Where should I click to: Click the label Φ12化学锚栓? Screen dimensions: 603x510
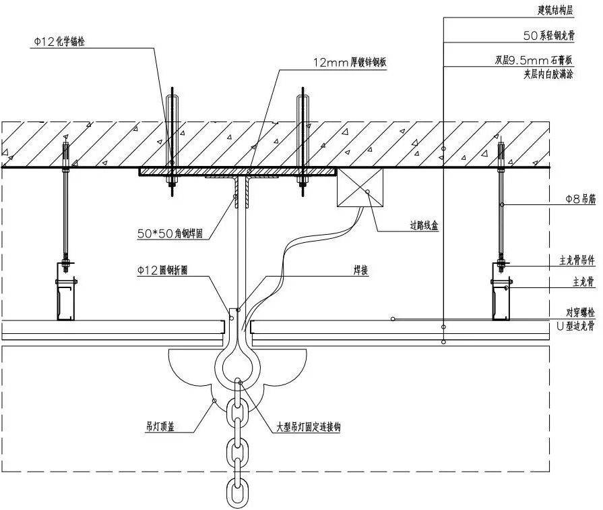59,42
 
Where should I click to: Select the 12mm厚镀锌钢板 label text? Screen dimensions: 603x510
350,63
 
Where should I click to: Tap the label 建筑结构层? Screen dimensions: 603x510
555,10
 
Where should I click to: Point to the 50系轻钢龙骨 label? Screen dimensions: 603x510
549,36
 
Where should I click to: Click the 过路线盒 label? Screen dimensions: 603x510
424,225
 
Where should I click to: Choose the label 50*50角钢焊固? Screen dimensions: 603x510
170,233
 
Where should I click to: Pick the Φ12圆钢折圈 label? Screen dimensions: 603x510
162,271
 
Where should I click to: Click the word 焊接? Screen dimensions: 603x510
360,270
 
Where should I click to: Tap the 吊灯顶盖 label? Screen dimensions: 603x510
160,426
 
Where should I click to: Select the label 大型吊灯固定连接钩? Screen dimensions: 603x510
309,427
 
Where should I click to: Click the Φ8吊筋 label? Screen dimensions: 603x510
580,199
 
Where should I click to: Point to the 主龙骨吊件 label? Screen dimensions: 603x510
577,260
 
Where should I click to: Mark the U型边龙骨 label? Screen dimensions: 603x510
575,326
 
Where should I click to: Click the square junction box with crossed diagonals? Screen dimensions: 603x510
360,188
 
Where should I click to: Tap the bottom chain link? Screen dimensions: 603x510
237,492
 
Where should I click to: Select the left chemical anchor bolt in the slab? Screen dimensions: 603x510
172,142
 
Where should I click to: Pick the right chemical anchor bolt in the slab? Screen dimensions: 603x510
303,142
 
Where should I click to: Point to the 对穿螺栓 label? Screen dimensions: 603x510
580,313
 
